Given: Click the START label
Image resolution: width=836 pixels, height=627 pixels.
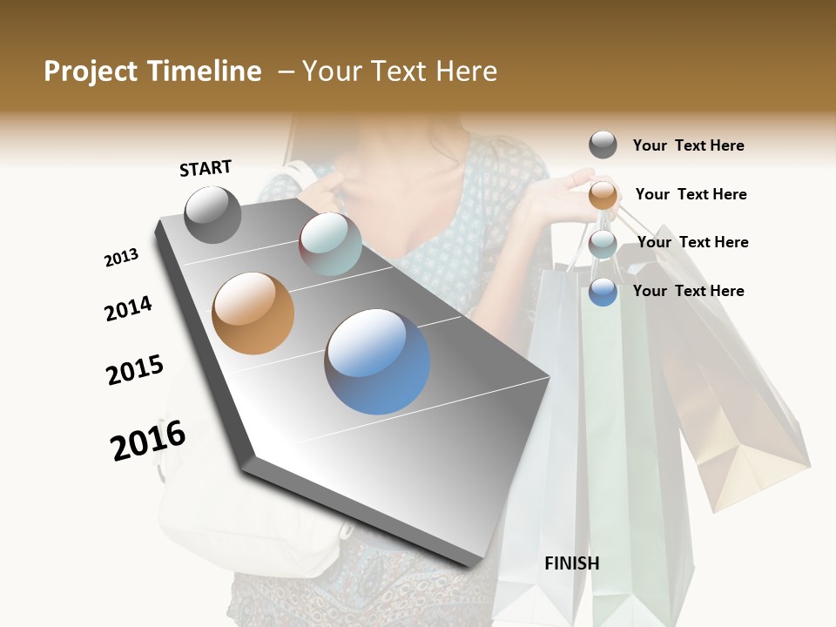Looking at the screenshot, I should pos(206,168).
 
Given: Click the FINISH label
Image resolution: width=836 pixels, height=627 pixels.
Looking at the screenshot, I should pos(571,563).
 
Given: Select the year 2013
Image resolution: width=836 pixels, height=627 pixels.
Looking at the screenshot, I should pos(121,258).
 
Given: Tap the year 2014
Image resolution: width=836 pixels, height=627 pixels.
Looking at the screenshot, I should pos(128,308).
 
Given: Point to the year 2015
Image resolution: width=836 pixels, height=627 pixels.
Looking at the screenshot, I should pos(135,370).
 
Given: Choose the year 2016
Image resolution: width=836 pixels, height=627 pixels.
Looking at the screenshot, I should pos(148,440).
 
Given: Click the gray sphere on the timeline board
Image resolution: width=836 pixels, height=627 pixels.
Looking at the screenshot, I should pos(212,214).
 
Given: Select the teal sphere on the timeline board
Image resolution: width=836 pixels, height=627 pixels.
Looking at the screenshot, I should pos(330,244).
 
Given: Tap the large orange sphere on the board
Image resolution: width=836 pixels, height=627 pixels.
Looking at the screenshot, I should pos(253,313).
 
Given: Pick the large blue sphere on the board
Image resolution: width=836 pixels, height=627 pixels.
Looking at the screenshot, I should pos(377,361).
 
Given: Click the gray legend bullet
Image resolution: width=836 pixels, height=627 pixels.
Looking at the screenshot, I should pos(603,145).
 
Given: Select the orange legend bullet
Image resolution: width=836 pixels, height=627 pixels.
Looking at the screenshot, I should pos(603,194).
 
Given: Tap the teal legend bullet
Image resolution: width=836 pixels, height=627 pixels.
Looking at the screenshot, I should pos(603,243).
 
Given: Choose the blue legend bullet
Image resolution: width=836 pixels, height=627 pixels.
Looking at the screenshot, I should pos(603,292).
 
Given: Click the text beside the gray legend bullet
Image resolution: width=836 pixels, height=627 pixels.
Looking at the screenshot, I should pos(688,145).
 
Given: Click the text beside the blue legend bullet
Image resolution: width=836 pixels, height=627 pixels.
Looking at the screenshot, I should pos(688,291).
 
